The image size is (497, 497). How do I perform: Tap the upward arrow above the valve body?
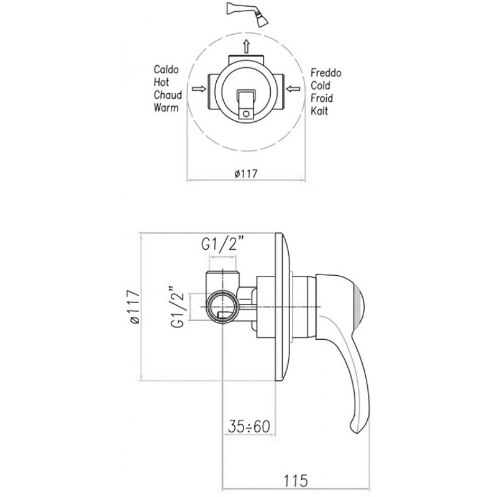coord(246,47)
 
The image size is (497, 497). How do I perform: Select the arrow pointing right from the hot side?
coord(199,89)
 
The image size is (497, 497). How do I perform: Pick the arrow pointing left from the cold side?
coord(293,89)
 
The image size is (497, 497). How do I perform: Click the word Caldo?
coord(166,70)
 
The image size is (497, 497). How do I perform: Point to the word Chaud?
coord(168,95)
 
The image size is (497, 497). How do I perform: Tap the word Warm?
coord(166,107)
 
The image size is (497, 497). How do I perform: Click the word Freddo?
coord(326,73)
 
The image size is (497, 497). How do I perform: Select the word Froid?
coord(321,98)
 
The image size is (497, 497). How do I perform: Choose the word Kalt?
coord(319,111)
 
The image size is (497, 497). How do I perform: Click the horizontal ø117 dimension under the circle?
coord(246,174)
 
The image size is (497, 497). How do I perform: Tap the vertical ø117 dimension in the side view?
coord(134,306)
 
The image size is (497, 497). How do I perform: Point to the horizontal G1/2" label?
coord(224,244)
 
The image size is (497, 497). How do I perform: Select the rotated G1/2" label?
coord(178,306)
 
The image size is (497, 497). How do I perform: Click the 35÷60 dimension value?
coord(249,426)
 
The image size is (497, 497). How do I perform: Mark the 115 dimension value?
coord(296,480)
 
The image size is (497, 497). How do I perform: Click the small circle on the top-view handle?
coord(246,114)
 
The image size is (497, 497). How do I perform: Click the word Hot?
coord(162,82)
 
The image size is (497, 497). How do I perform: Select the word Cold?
coord(320,86)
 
